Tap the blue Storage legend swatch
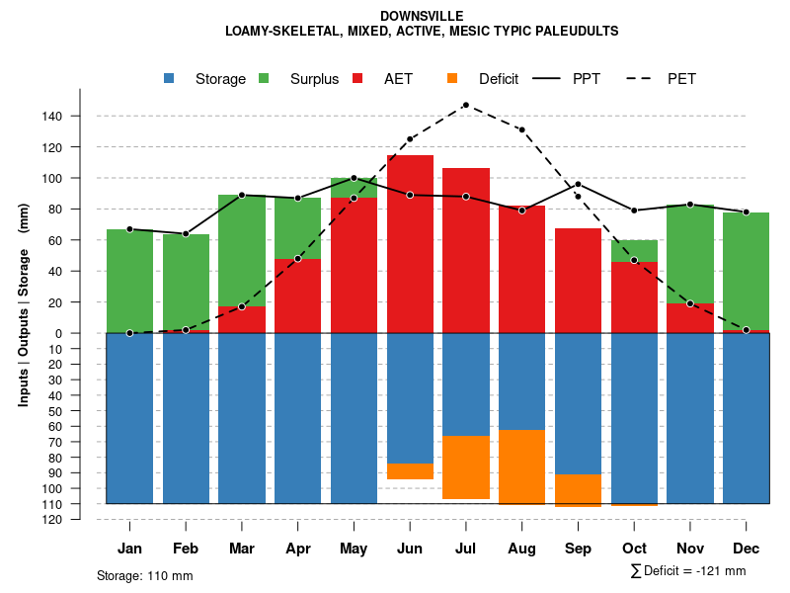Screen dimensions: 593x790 [x=169, y=79]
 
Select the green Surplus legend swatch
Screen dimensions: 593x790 [x=264, y=79]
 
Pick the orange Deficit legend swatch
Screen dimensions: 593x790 [x=452, y=79]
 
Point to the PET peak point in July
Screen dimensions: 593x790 [x=465, y=105]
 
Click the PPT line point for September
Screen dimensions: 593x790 [x=578, y=185]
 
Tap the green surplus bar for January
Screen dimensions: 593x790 [x=129, y=281]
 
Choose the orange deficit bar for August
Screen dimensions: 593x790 [x=521, y=466]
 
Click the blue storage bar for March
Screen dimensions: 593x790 [x=242, y=418]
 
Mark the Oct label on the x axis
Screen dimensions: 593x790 [x=634, y=549]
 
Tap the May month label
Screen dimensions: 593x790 [x=354, y=549]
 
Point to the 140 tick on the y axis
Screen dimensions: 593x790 [x=52, y=117]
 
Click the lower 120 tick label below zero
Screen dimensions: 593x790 [x=52, y=520]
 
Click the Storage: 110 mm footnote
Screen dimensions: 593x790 [x=145, y=575]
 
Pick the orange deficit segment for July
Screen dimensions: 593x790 [x=465, y=467]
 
